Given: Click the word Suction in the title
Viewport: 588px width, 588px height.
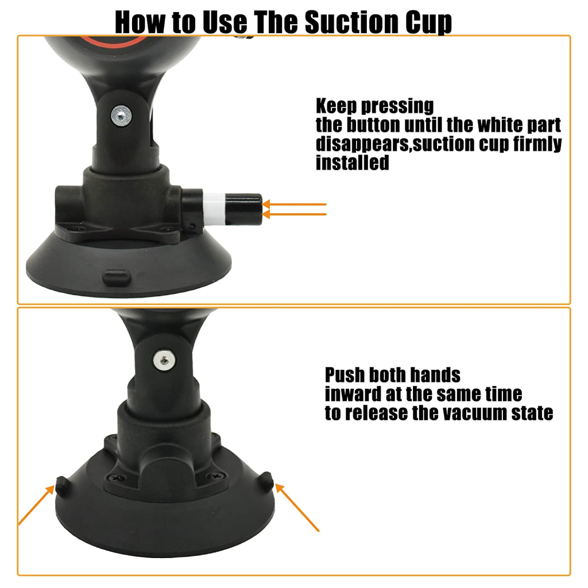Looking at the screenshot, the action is pos(352,22).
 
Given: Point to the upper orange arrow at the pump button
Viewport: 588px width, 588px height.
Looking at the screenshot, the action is pos(295,204).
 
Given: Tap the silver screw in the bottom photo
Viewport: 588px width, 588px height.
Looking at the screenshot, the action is pos(164,361).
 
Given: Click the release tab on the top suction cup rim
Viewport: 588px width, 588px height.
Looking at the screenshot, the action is pos(117,278).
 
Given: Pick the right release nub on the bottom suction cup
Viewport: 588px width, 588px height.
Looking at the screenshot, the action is pos(266,481).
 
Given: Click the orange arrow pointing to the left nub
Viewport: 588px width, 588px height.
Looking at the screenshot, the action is pos(37,505).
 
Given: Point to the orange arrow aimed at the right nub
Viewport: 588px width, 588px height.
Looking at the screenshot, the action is pos(297,508).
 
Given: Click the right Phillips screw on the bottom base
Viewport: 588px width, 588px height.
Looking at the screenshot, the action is pos(216,476).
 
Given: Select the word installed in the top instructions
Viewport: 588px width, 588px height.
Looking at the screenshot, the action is pos(353,163).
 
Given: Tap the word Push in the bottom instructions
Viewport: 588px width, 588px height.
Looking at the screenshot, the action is pos(345,374).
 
